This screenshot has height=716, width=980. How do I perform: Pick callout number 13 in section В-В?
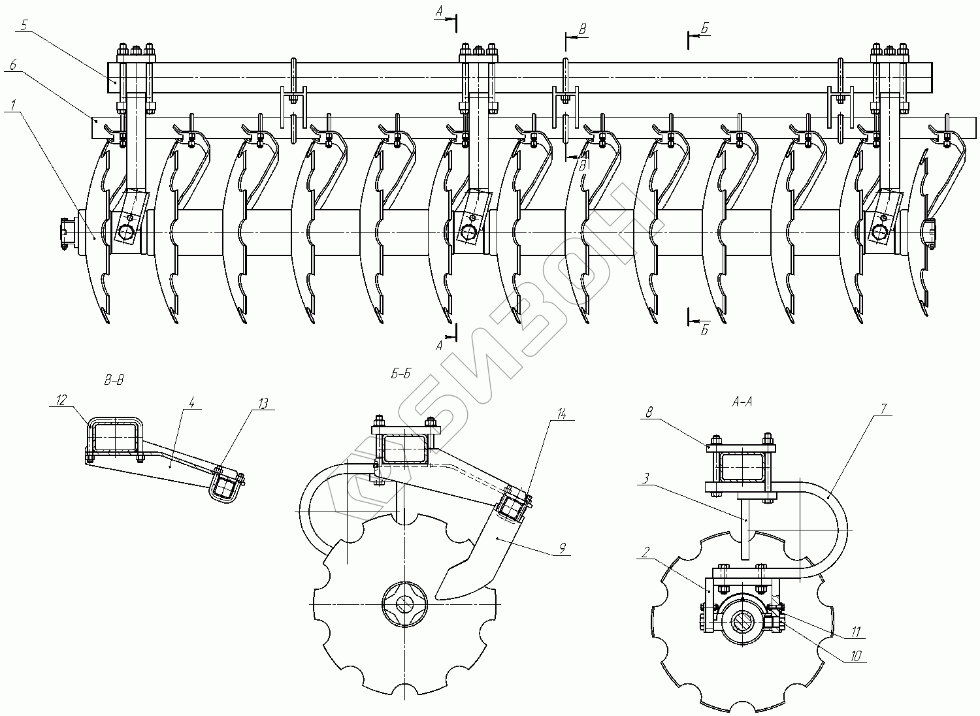coord(263,403)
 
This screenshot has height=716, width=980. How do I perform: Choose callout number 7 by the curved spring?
coord(883,408)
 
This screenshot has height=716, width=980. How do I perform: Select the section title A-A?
coord(742,401)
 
